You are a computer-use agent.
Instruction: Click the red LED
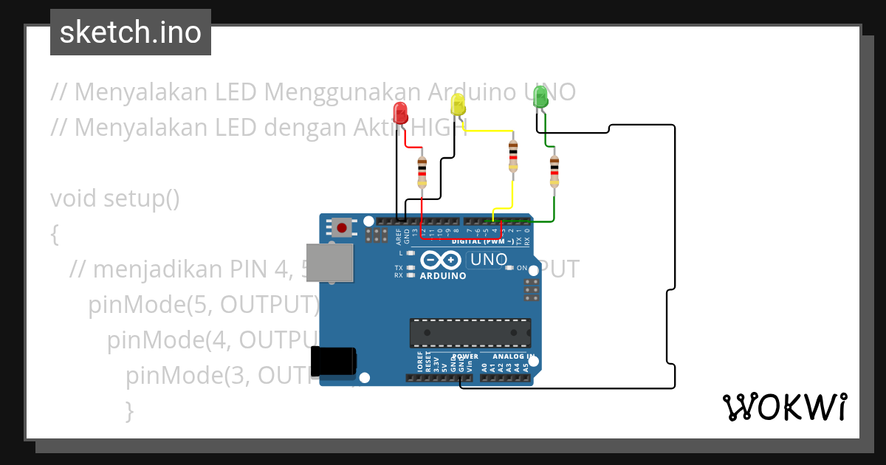click(x=400, y=113)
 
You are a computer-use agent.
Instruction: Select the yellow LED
click(x=458, y=104)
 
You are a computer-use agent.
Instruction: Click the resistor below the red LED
click(x=422, y=172)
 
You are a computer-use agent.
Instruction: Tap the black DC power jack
click(x=334, y=362)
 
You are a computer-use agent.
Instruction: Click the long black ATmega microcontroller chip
click(x=470, y=333)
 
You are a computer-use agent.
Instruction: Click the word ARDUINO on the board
click(x=443, y=276)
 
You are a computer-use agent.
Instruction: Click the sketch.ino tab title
click(x=131, y=32)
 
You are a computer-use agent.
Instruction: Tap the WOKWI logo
click(x=784, y=407)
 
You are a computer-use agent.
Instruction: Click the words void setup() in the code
click(x=115, y=199)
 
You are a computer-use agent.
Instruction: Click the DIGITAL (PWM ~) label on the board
click(x=484, y=241)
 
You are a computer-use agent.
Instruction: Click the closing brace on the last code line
click(x=129, y=410)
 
